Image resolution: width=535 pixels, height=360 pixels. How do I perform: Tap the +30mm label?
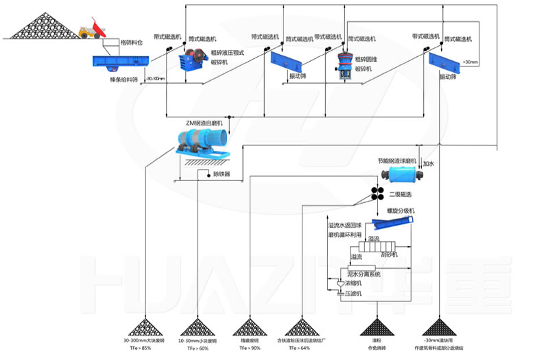coord(471,63)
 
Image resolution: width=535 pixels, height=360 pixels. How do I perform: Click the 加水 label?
coord(429,165)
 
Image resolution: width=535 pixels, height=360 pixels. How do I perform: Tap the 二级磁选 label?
coord(401,194)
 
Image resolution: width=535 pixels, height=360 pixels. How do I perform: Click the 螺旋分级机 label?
coord(401,211)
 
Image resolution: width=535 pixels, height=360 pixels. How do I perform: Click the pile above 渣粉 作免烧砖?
coord(376,325)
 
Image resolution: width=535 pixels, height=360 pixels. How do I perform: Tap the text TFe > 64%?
coord(300,348)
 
